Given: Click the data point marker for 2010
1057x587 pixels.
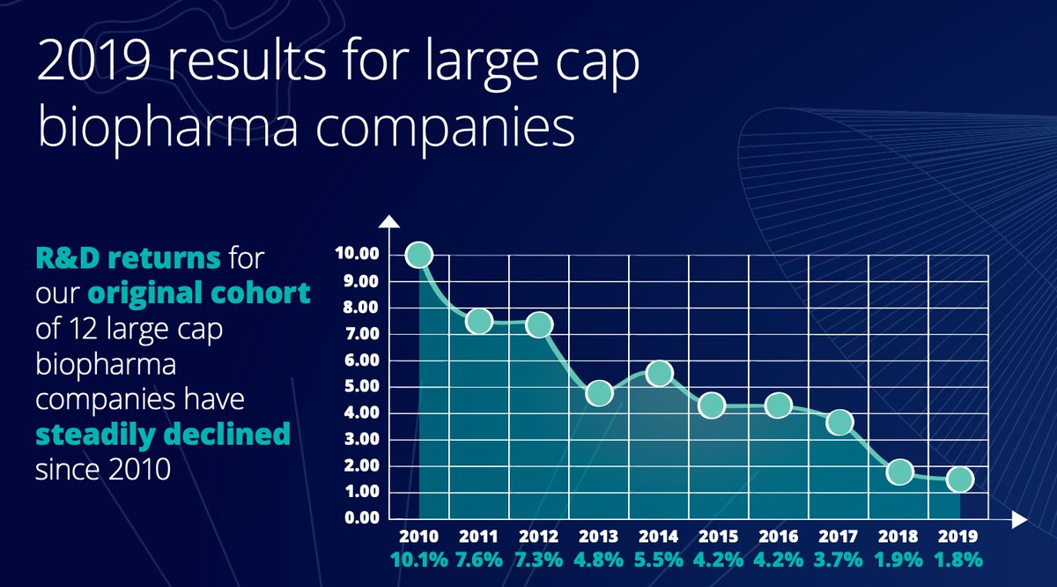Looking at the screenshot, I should coord(419,255).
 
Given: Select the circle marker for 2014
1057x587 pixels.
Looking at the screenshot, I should coord(659,374).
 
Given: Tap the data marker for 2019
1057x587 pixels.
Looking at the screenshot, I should coord(959,479).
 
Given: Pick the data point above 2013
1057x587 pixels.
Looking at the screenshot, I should coord(599,393).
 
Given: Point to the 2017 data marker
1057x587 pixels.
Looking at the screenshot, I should coord(839,423).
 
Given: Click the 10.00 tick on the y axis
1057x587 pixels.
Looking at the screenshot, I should coord(356,255).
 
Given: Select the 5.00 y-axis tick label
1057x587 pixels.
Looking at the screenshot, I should coord(356,386).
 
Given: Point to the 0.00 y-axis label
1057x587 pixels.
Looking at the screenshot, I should coord(356,517).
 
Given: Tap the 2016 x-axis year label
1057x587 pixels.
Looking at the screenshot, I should coord(780,536).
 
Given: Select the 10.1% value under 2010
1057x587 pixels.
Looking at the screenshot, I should coord(419,559).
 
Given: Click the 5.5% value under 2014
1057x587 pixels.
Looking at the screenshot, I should coord(659,559).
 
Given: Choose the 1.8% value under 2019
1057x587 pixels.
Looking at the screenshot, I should coord(959,559).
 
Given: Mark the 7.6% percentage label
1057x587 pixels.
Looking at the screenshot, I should coord(479,559).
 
